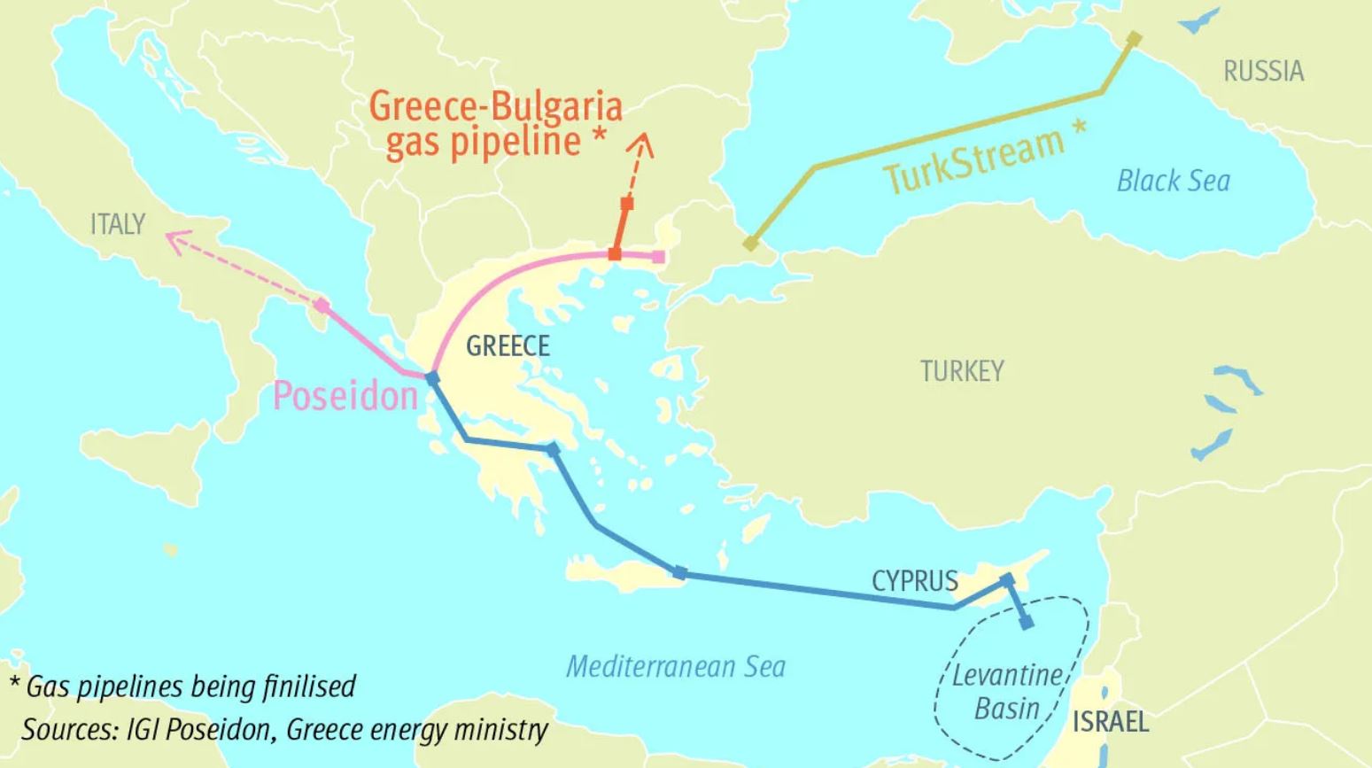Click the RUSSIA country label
point(1263,71)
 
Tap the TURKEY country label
point(962,370)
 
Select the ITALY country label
point(117,224)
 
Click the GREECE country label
point(508,345)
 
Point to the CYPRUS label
point(914,581)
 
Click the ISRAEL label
point(1111,721)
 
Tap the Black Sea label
point(1173,181)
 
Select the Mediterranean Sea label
point(675,666)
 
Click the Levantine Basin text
point(1007,692)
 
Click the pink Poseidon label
point(345,395)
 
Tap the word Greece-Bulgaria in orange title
point(495,106)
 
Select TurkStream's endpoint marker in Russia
point(1134,38)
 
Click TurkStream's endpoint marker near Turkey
point(751,243)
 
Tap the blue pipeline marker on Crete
point(679,572)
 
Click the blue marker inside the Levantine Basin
point(1027,623)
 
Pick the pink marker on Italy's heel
point(322,306)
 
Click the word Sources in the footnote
point(67,729)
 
